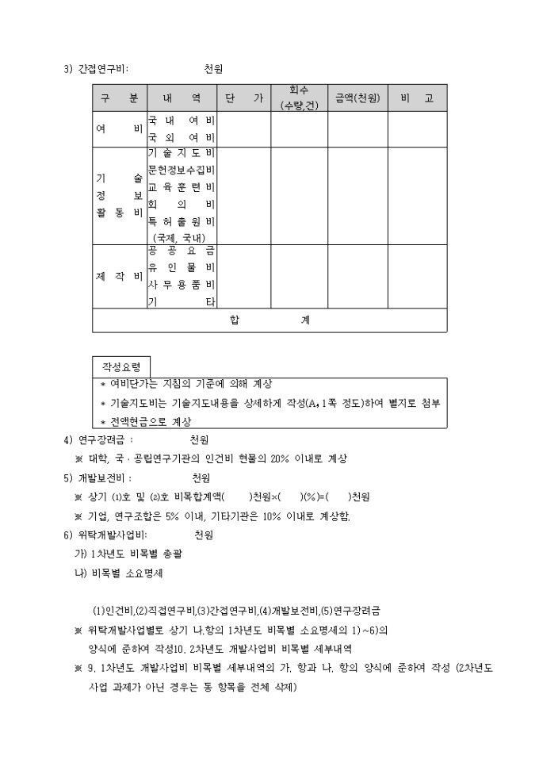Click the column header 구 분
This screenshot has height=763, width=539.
click(119, 98)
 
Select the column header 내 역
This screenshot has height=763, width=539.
click(182, 98)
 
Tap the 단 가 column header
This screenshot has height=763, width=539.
click(244, 98)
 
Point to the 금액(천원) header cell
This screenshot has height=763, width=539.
click(357, 98)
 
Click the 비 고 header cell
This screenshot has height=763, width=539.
click(417, 98)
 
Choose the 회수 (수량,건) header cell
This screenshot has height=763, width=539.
click(299, 98)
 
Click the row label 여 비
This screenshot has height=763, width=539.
click(119, 129)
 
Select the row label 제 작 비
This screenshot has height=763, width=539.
click(119, 277)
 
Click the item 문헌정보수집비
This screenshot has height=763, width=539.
click(182, 171)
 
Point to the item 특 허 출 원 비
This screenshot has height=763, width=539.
click(182, 220)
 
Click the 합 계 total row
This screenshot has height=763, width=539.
click(269, 320)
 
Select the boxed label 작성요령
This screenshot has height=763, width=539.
click(120, 367)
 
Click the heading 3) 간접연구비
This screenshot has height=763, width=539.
click(96, 69)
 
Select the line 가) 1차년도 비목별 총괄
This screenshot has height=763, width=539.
click(119, 554)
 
